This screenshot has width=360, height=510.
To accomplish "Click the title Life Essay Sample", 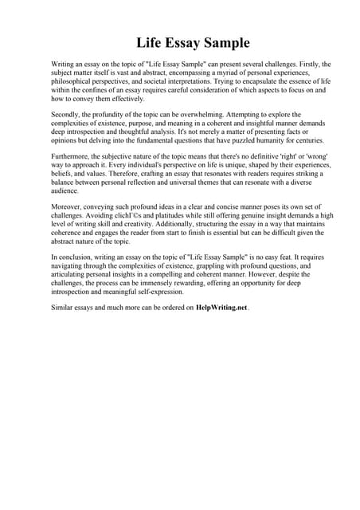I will tap(180, 41).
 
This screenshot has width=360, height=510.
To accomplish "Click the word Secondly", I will tap(66, 116).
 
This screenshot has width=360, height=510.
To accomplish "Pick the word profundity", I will tap(115, 116).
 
